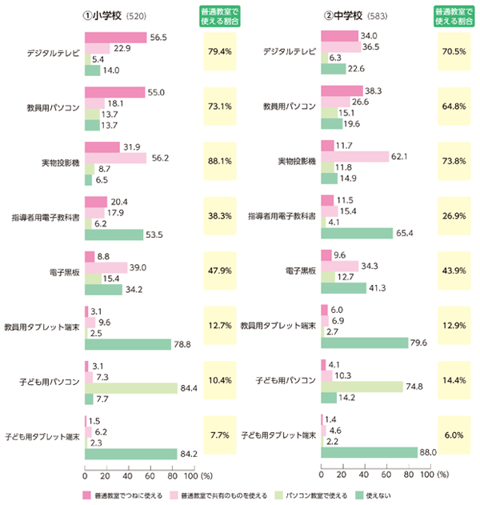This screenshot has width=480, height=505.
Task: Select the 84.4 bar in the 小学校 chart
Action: pos(130,387)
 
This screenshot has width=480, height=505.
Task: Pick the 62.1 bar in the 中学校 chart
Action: pos(354,156)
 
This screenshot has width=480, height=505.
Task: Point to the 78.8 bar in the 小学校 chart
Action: pos(127,343)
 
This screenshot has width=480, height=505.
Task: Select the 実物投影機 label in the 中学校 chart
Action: pos(297,162)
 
